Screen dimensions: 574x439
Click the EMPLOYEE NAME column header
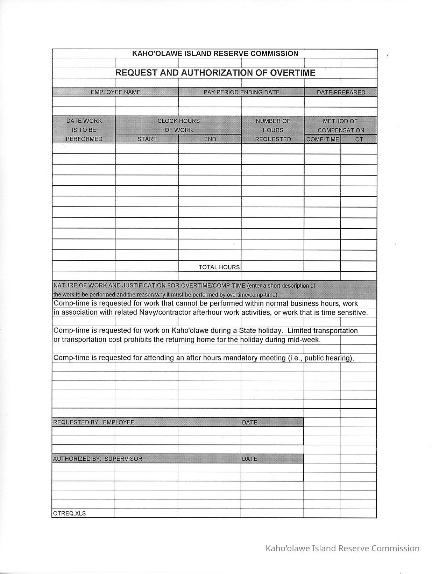point(115,92)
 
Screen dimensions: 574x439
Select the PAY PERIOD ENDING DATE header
point(241,92)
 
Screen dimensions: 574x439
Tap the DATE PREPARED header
point(341,92)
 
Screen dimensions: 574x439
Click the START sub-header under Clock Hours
point(147,139)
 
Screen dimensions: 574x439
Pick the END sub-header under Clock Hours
point(210,139)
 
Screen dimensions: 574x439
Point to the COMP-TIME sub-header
point(323,139)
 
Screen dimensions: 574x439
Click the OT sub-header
point(359,139)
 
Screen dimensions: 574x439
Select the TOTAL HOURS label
point(219,267)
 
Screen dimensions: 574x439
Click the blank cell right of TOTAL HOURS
point(272,266)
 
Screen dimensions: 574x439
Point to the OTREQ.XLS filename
point(69,513)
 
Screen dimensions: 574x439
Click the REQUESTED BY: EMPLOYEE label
point(93,422)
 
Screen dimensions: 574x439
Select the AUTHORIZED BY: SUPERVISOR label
point(98,459)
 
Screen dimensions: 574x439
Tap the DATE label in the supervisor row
point(249,459)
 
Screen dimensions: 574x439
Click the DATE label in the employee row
point(249,422)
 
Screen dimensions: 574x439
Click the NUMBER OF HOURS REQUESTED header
point(273,130)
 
